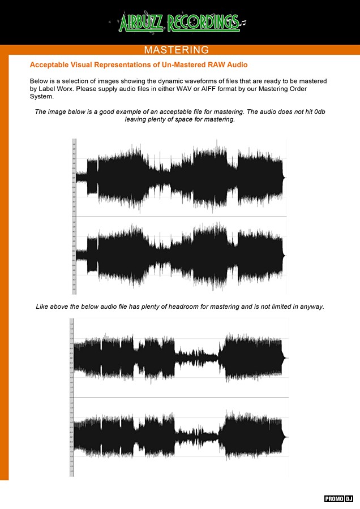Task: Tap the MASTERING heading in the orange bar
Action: (x=177, y=50)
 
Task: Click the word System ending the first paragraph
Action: (x=41, y=96)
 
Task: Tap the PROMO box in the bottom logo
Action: (x=334, y=499)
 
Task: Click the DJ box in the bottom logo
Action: (x=349, y=499)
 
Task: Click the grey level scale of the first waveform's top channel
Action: (x=74, y=178)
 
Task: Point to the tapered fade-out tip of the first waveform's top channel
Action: (x=285, y=177)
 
